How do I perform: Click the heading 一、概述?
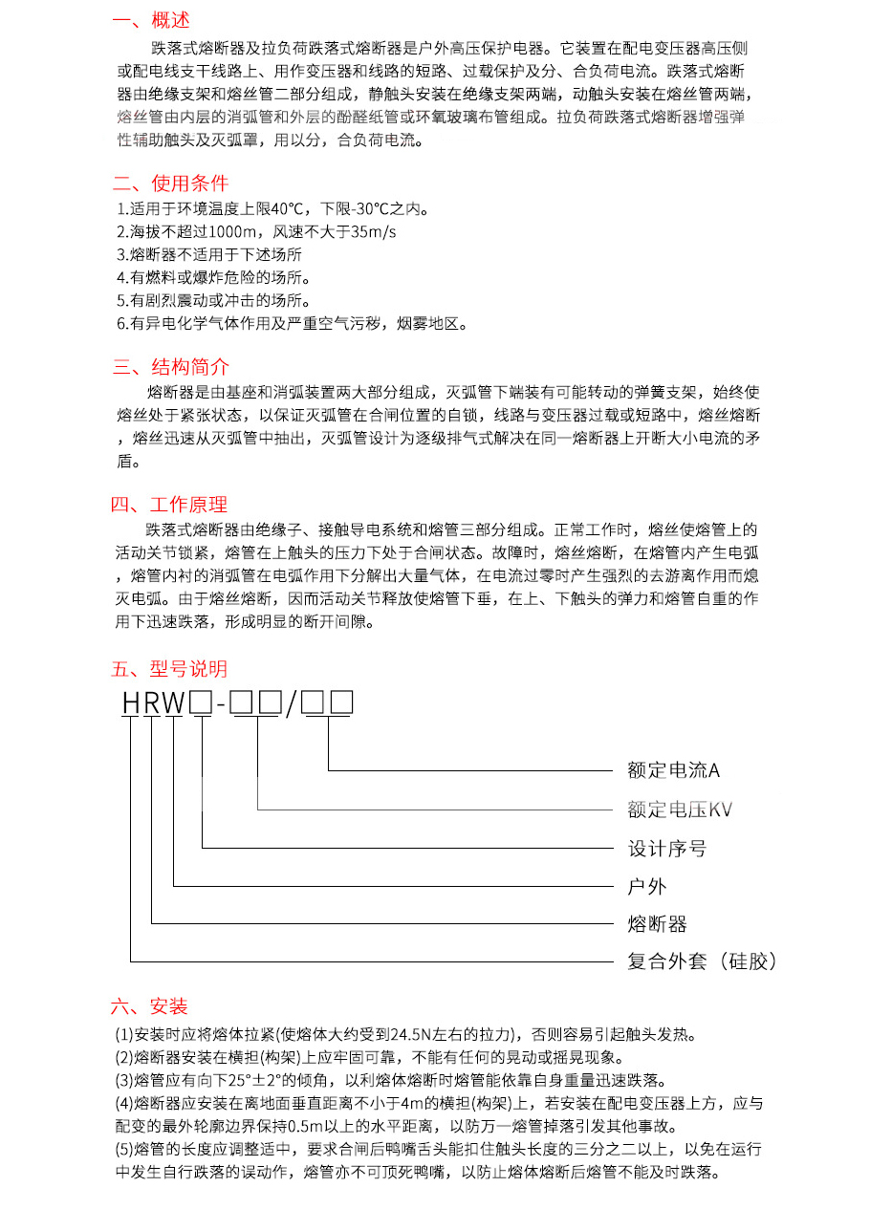pyautogui.click(x=151, y=20)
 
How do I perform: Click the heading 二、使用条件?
pyautogui.click(x=170, y=184)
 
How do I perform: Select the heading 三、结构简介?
pyautogui.click(x=170, y=367)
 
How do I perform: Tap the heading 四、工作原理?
pyautogui.click(x=169, y=505)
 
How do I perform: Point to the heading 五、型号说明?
pyautogui.click(x=169, y=668)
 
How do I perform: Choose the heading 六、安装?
pyautogui.click(x=150, y=1006)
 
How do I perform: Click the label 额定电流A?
pyautogui.click(x=673, y=770)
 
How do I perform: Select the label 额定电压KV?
pyautogui.click(x=680, y=810)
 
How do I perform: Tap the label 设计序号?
pyautogui.click(x=667, y=849)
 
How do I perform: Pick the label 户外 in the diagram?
pyautogui.click(x=647, y=887)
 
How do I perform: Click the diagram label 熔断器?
pyautogui.click(x=657, y=924)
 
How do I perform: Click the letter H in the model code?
pyautogui.click(x=131, y=704)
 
